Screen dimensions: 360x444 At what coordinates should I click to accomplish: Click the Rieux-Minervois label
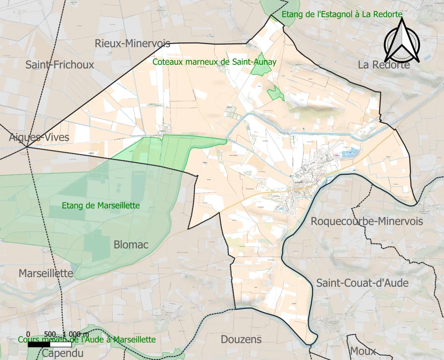[x=133, y=43]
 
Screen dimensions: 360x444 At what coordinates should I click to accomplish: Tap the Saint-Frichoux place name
[x=60, y=65]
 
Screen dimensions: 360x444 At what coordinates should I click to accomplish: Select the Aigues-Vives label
[x=39, y=137]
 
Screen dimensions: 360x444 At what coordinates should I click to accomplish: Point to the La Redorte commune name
[x=384, y=65]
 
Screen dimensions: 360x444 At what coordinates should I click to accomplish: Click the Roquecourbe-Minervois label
[x=367, y=221]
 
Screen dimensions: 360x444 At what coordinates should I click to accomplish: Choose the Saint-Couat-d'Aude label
[x=362, y=283]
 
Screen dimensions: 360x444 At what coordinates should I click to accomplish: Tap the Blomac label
[x=131, y=245]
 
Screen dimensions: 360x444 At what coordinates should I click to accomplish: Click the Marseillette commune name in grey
[x=46, y=273]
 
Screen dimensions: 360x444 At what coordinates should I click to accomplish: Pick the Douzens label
[x=241, y=339]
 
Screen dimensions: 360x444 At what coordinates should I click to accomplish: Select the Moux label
[x=363, y=351]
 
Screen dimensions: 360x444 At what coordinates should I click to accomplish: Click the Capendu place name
[x=63, y=353]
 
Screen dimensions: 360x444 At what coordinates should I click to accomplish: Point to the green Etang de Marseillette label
[x=101, y=206]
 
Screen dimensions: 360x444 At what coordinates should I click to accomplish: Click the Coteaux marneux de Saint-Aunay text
[x=214, y=62]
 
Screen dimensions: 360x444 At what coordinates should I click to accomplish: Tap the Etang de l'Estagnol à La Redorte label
[x=342, y=14]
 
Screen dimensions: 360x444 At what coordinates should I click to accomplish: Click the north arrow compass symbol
[x=402, y=42]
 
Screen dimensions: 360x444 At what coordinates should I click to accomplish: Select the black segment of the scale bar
[x=39, y=345]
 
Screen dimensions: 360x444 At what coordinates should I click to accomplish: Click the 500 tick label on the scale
[x=50, y=334]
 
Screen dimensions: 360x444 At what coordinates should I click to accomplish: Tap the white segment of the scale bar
[x=61, y=345]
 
